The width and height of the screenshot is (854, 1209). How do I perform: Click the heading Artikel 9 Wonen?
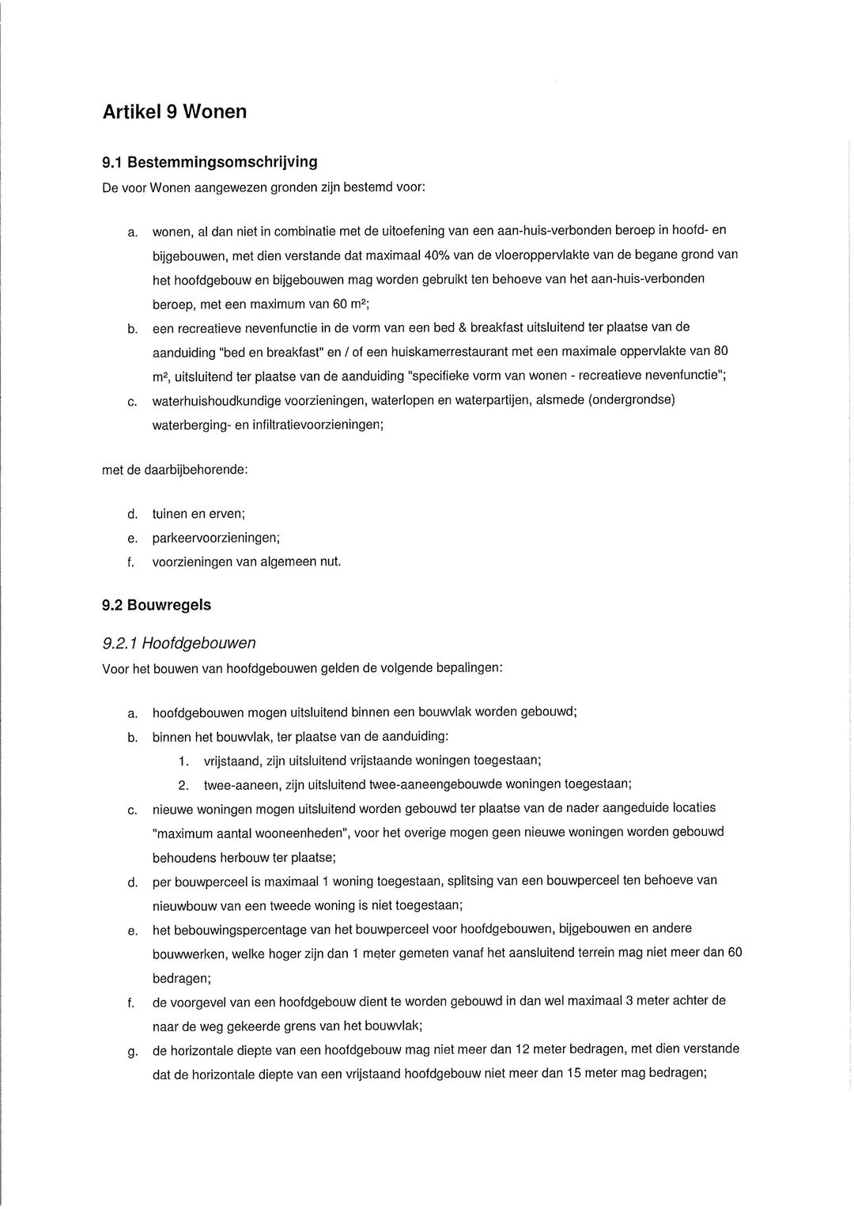point(175,112)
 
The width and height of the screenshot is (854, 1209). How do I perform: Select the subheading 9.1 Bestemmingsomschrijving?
point(210,162)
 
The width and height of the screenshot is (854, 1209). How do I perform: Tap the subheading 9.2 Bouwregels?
point(157,606)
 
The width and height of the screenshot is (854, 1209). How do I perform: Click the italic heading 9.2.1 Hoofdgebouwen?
point(179,643)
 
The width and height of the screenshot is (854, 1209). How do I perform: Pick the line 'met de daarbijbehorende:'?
point(175,470)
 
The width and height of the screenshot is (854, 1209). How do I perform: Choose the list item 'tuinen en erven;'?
point(198,514)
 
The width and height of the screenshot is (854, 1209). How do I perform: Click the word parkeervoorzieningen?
point(214,538)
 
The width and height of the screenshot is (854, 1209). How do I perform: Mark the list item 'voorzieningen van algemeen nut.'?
point(247,562)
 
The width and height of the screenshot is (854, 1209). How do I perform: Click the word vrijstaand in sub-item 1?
point(230,761)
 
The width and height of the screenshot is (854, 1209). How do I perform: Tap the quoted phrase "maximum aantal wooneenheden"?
point(251,833)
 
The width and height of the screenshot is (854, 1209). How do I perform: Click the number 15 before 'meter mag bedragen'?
point(575,1074)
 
